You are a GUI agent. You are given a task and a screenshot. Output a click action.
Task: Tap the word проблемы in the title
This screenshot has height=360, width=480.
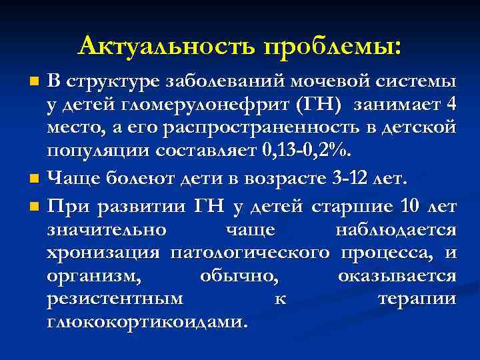pyautogui.click(x=333, y=47)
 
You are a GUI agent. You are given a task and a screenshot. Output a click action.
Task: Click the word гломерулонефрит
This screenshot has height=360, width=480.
pyautogui.click(x=196, y=104)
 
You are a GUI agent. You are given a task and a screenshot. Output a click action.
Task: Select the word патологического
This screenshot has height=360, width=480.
pyautogui.click(x=250, y=253)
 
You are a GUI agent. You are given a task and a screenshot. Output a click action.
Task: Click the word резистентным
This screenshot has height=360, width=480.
pyautogui.click(x=115, y=299)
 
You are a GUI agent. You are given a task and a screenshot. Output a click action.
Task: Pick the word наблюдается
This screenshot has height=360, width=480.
pyautogui.click(x=395, y=230)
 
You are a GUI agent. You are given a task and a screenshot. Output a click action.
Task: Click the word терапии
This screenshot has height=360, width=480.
pyautogui.click(x=417, y=299)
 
